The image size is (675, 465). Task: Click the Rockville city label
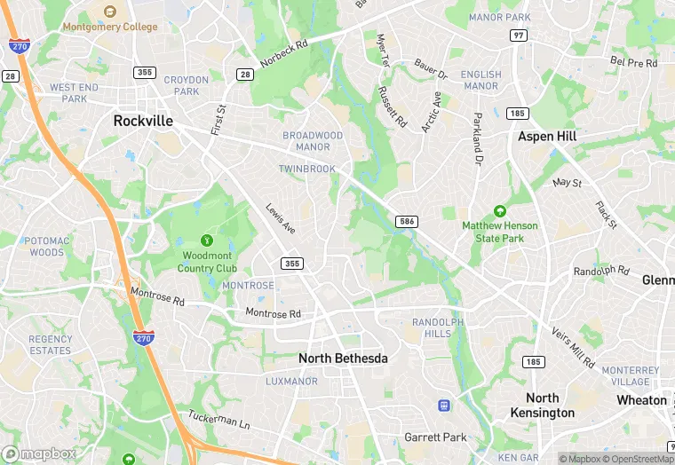(143, 120)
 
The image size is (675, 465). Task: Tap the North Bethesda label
(343, 358)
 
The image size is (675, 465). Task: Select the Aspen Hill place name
(547, 137)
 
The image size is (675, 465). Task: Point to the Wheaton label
(641, 399)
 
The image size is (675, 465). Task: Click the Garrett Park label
(435, 437)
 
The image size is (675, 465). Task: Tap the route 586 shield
(407, 221)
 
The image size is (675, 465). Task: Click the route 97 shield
(519, 35)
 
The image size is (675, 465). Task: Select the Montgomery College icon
(110, 12)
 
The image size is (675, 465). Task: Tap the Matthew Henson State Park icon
(499, 211)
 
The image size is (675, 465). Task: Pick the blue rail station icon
(443, 406)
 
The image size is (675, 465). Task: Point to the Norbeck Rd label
(284, 52)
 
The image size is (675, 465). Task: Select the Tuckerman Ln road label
(219, 420)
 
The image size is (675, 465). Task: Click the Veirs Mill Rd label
(573, 346)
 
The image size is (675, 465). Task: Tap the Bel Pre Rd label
(633, 63)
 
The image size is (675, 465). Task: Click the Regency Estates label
(50, 344)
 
